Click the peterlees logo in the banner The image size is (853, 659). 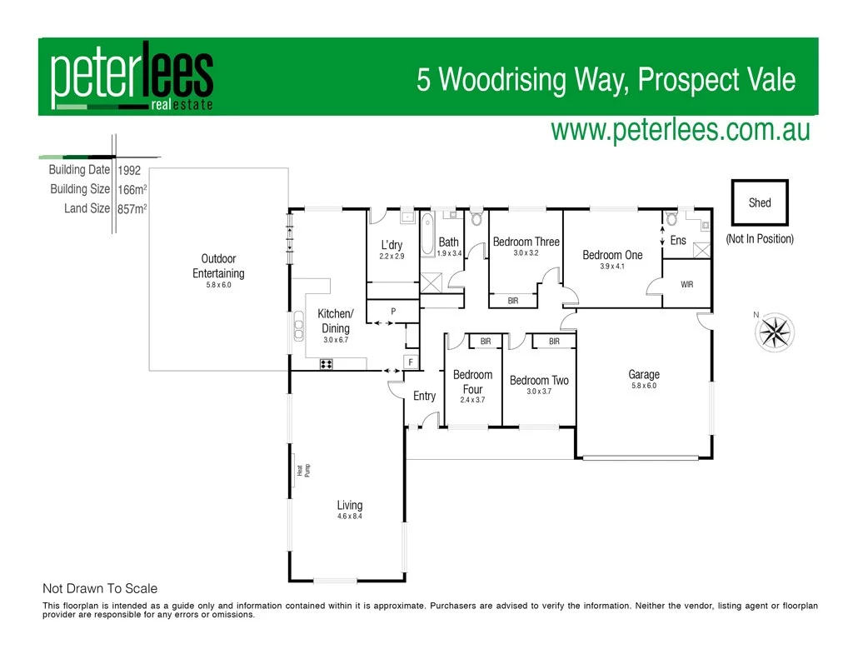click(x=132, y=77)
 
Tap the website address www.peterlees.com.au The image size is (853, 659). click(x=680, y=130)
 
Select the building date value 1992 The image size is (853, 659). click(x=129, y=171)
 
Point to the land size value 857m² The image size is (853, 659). click(x=132, y=209)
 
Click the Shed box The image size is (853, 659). click(x=759, y=202)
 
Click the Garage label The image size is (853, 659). click(x=644, y=375)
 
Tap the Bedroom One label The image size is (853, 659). click(x=612, y=255)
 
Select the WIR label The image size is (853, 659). click(x=686, y=285)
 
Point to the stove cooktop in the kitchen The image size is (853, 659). click(x=327, y=364)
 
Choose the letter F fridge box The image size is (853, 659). click(x=411, y=362)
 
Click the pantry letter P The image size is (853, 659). click(x=392, y=312)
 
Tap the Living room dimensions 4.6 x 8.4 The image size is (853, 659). click(x=349, y=517)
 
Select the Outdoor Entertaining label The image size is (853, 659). click(x=218, y=266)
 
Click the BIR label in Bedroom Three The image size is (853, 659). click(x=513, y=301)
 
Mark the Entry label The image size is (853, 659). click(x=424, y=396)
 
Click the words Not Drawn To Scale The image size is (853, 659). click(x=100, y=588)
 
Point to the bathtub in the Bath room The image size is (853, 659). click(x=427, y=237)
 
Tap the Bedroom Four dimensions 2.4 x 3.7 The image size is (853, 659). click(x=472, y=400)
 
